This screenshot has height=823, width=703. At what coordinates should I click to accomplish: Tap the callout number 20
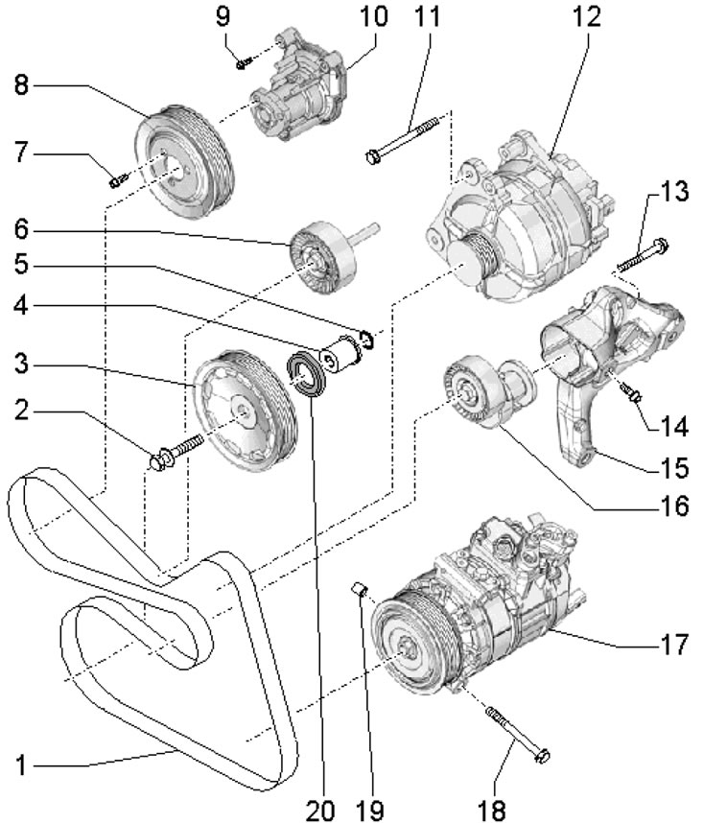320,810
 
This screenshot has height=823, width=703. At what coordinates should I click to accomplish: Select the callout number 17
673,645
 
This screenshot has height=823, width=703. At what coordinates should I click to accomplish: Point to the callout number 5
20,264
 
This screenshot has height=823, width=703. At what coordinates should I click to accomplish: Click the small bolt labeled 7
118,181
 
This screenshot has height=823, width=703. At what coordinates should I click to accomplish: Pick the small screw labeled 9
245,63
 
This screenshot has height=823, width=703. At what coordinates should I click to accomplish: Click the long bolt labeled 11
402,139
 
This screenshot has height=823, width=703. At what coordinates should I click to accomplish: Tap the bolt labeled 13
643,256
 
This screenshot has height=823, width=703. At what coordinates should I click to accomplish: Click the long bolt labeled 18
518,734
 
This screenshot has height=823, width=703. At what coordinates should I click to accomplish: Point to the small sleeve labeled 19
359,588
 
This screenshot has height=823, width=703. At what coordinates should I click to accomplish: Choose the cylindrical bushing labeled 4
340,356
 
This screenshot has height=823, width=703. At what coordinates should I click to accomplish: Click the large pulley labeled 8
183,164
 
